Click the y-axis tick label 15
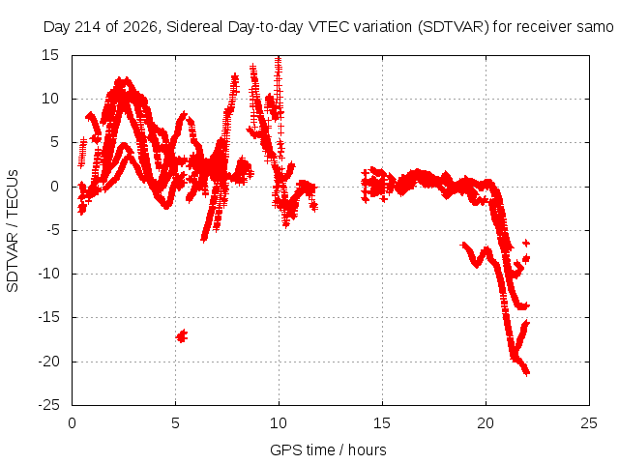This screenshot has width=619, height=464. (50, 55)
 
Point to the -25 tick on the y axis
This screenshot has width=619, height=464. (48, 405)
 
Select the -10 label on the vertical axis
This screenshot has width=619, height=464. (48, 274)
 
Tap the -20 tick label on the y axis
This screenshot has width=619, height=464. (48, 361)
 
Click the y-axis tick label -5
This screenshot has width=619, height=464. (52, 230)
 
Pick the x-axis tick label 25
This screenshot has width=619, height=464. (589, 423)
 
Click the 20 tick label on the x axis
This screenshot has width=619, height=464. (486, 423)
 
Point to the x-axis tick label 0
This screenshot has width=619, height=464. (72, 423)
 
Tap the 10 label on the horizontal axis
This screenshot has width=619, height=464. (279, 423)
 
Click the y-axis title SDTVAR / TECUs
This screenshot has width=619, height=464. (13, 231)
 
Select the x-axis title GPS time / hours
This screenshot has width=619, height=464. (328, 449)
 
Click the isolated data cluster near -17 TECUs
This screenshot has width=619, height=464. (182, 335)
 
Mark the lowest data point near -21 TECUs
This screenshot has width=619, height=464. (526, 372)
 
